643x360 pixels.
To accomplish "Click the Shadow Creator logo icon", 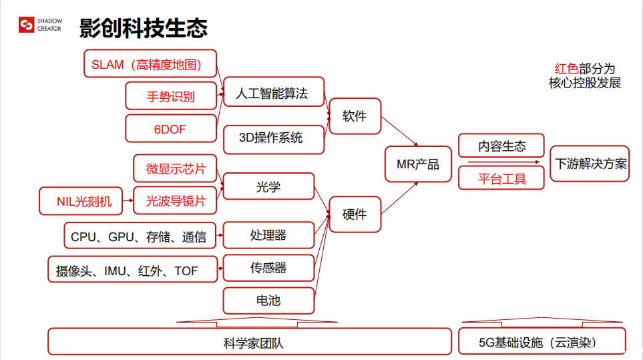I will point(27,25).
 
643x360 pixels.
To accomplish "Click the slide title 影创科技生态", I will point(144,27).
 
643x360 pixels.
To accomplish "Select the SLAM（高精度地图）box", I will point(151,64).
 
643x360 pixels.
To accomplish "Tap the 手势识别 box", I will point(171,96).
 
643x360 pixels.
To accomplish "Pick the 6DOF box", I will point(171,128).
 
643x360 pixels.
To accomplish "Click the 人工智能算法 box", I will point(273,93).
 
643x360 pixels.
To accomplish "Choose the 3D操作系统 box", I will point(273,138).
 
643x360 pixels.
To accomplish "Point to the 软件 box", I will point(355,116).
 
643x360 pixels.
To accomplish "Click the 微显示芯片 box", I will point(176,169).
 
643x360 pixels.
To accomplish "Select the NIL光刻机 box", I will point(81,200).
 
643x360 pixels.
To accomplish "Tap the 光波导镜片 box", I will point(176,200).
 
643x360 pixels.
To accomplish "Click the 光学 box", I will point(268,186).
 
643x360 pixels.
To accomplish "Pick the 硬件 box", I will point(355,214).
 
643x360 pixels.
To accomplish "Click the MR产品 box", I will point(418,164).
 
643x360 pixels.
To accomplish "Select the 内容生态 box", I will point(501,146).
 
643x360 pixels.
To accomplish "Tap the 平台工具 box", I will point(501,178).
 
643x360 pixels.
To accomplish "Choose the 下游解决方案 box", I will point(590,164).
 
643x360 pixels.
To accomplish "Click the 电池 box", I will point(268,301).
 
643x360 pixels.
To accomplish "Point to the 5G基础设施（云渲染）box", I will point(542,342).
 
